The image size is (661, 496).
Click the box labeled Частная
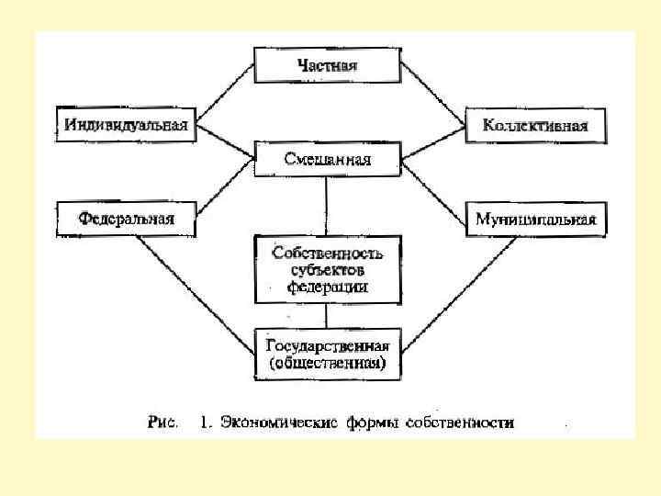[327, 65]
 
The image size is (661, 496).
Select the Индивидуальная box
[127, 125]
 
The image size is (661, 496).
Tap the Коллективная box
[535, 125]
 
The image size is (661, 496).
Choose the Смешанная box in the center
[327, 160]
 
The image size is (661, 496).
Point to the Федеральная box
[127, 219]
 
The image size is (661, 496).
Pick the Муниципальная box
[535, 219]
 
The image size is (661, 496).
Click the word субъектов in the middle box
[327, 269]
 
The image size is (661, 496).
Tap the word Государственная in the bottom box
[327, 346]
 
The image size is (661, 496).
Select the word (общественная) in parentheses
[327, 364]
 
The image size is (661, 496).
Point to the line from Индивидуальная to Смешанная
[226, 141]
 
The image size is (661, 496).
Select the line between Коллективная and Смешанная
[431, 141]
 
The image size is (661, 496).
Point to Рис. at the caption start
[162, 423]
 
